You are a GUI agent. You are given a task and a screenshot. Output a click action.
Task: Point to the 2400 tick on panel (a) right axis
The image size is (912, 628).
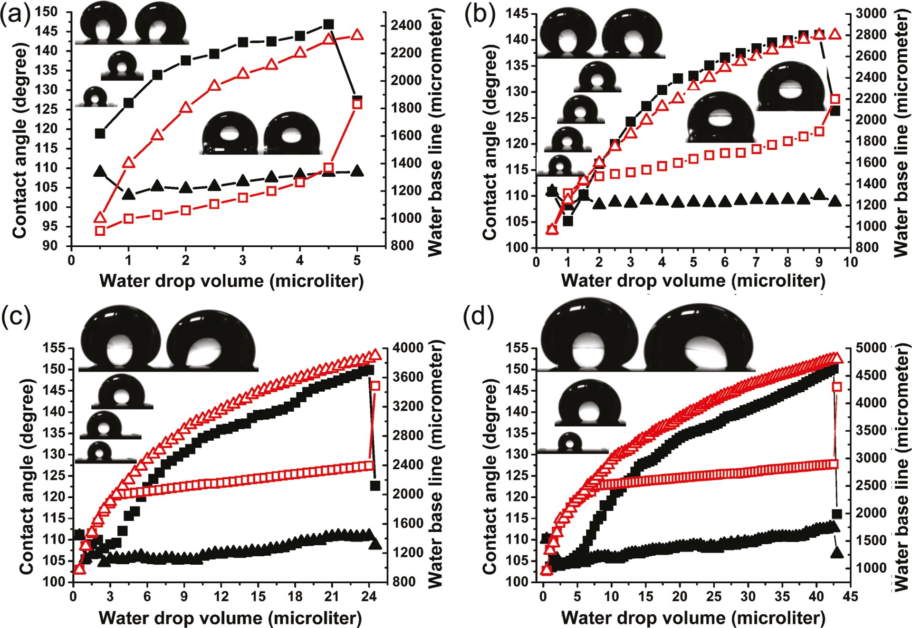click(406, 25)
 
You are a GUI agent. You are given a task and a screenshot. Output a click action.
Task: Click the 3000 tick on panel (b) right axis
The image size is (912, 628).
click(871, 13)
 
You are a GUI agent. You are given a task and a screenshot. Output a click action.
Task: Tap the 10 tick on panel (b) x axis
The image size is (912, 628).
click(850, 262)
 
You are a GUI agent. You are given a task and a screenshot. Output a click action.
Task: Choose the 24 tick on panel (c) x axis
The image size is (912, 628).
click(369, 597)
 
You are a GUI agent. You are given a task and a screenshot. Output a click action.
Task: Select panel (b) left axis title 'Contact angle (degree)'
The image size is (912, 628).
click(489, 143)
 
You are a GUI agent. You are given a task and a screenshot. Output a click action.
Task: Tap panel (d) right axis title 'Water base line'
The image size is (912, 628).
click(902, 466)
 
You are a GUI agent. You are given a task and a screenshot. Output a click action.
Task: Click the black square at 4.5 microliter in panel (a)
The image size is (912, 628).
click(328, 24)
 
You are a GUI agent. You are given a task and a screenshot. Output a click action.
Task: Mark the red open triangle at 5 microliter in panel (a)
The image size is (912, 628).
click(357, 35)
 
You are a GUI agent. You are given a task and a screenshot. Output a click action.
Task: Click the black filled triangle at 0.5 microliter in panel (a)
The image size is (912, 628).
click(100, 171)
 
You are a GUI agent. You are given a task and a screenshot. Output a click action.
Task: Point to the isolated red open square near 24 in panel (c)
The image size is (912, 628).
click(375, 386)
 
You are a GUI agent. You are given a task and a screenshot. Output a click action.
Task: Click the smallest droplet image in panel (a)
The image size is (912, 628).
click(96, 97)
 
